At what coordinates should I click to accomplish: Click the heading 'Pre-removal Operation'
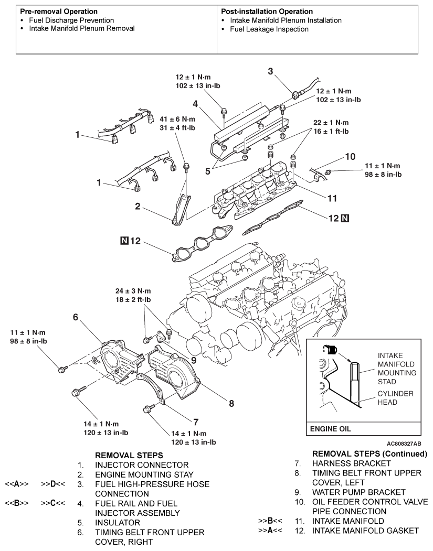[56, 11]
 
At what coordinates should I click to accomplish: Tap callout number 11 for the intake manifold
[331, 199]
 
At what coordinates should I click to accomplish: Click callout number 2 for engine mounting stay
[136, 207]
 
